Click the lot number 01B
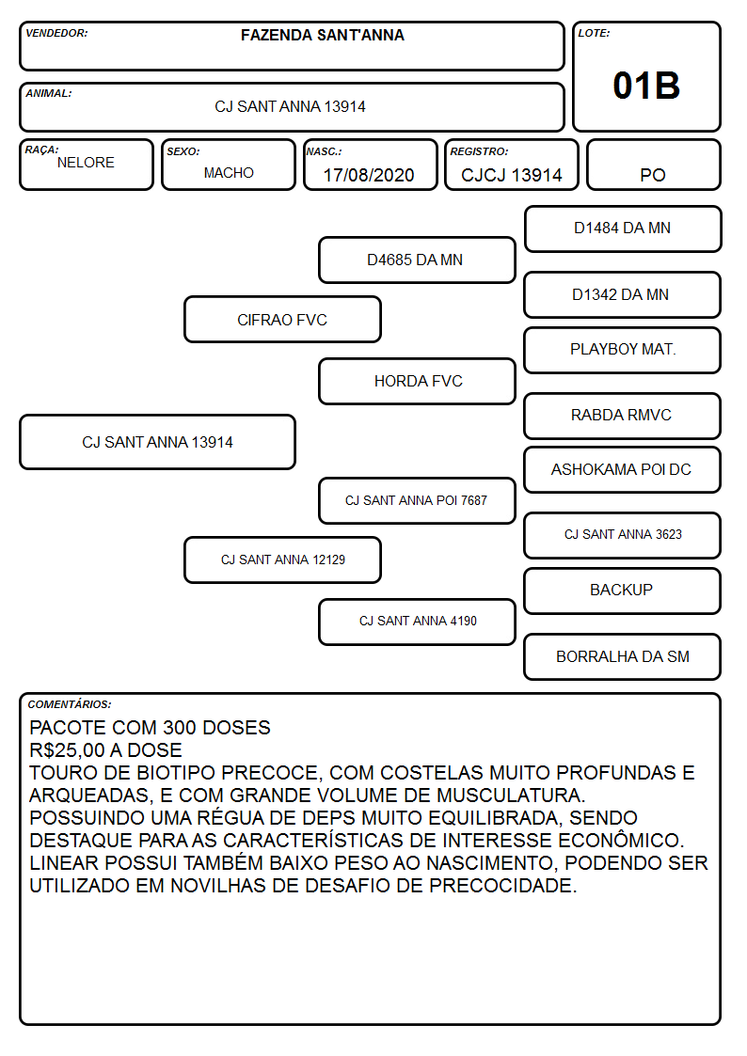coord(646,86)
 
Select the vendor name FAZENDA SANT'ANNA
coord(323,35)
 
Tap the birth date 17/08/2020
coord(369,175)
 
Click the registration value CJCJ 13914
coord(511,175)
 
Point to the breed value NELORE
coord(86,163)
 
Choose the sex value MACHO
coord(229,173)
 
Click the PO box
coord(653,165)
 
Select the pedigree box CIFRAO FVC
coord(282,319)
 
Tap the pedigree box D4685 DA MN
coord(417,260)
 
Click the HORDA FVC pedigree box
coord(417,381)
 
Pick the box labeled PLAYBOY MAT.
coord(623,350)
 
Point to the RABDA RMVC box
coord(623,416)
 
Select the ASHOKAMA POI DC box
coord(623,470)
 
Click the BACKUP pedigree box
coord(623,591)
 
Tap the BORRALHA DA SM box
coord(623,656)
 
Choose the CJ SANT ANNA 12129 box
coord(282,560)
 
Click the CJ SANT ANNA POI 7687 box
coord(417,500)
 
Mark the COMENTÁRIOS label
coord(70,704)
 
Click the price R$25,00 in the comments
coord(67,750)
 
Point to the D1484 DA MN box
coord(623,229)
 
